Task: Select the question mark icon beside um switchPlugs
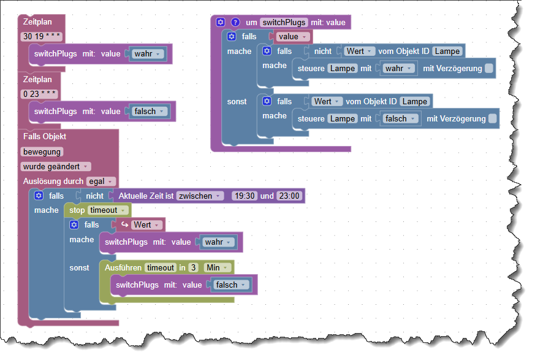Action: pyautogui.click(x=235, y=22)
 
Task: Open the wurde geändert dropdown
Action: pyautogui.click(x=56, y=166)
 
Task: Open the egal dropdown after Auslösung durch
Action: pyautogui.click(x=101, y=181)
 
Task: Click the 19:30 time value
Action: pyautogui.click(x=244, y=196)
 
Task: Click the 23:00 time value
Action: pyautogui.click(x=289, y=196)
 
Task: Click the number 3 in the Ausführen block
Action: pyautogui.click(x=193, y=267)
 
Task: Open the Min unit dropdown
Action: pyautogui.click(x=218, y=267)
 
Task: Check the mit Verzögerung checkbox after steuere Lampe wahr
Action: pyautogui.click(x=488, y=68)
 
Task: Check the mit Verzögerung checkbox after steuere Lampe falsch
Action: pyautogui.click(x=492, y=118)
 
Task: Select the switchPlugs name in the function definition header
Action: pyautogui.click(x=284, y=22)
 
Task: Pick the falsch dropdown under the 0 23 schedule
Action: pyautogui.click(x=150, y=111)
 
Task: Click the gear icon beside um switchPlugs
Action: pyautogui.click(x=222, y=22)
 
